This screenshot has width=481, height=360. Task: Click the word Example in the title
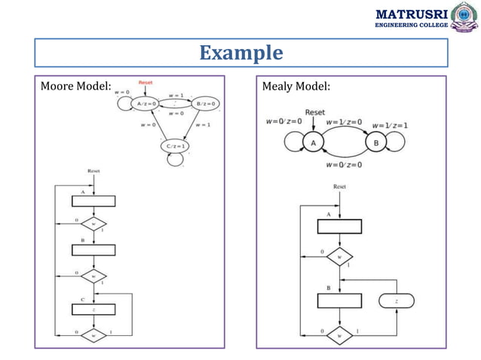click(241, 53)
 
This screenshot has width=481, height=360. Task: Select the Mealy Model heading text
click(296, 88)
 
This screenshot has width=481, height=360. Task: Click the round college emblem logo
click(464, 17)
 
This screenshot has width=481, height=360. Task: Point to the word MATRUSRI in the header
click(411, 14)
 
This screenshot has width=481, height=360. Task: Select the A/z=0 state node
click(146, 104)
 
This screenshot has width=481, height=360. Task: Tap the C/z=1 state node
click(175, 145)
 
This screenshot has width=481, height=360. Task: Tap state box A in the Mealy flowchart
click(339, 227)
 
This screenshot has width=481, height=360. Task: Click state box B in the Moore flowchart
click(93, 250)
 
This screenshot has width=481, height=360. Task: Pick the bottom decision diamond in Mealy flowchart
click(339, 332)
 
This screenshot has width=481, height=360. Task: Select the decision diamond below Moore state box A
click(93, 224)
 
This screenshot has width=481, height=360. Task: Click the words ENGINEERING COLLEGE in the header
click(411, 26)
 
